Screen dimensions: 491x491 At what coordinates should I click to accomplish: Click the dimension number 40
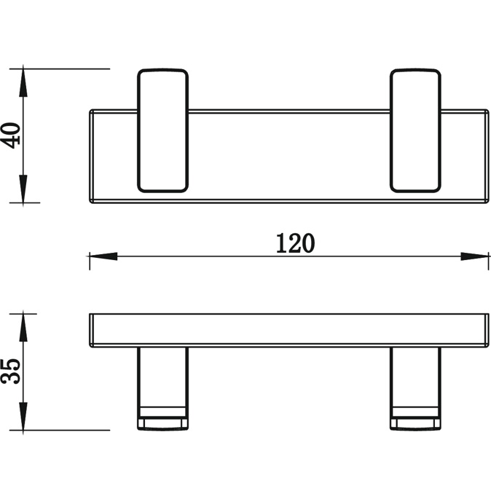pos(11,135)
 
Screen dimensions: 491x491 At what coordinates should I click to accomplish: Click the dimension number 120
pos(295,243)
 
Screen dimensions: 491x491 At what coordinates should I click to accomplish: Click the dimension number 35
pos(11,372)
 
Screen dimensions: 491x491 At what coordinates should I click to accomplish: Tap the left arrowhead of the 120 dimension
pos(103,256)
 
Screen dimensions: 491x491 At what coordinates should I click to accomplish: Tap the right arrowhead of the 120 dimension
pos(474,256)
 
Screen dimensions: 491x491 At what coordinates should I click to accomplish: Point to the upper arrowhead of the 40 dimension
pos(23,82)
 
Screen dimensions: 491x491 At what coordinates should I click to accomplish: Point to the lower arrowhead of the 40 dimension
pos(23,189)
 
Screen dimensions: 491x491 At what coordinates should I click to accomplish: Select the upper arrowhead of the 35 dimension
pos(23,328)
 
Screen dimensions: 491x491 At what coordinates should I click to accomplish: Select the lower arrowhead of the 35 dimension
pos(23,416)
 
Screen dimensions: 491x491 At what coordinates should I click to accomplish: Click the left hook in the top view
pos(163,130)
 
